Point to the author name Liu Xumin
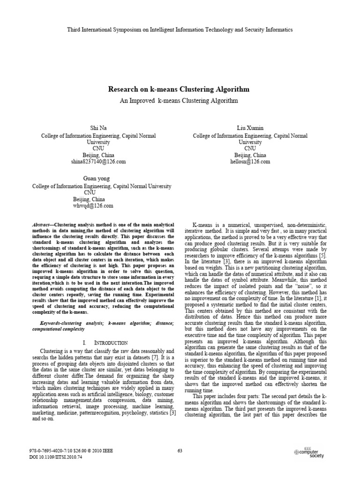[250, 128]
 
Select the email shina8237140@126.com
[98, 162]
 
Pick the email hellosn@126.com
[250, 162]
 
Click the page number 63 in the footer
[180, 451]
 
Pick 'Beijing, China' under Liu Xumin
[250, 155]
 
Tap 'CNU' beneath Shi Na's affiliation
[98, 149]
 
